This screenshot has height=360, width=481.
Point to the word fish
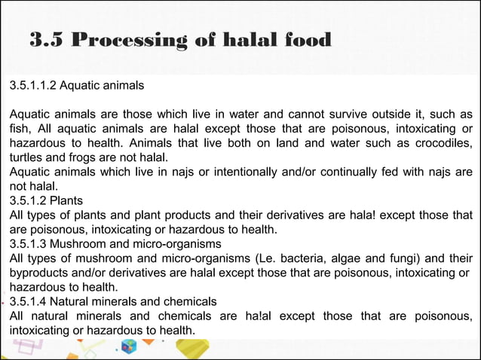pyautogui.click(x=20, y=130)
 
